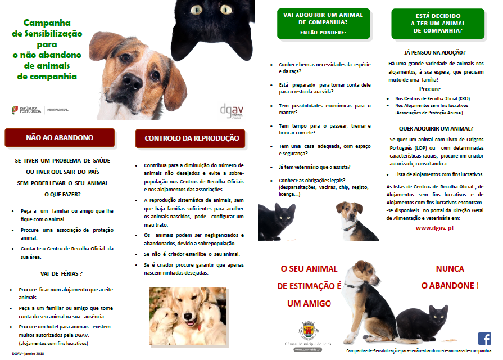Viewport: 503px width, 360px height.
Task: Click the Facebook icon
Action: [484, 339]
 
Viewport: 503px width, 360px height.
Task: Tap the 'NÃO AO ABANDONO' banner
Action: [60, 138]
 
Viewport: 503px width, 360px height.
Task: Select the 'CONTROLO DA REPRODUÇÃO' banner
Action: [191, 138]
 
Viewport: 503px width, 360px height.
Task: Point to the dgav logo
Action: [232, 110]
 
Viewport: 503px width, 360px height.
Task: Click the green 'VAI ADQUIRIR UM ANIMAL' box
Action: [322, 22]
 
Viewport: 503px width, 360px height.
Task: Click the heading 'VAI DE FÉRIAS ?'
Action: [62, 273]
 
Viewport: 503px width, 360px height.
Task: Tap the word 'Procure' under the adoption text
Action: [430, 89]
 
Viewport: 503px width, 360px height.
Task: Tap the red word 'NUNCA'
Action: [453, 269]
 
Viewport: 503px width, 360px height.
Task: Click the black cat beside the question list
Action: [277, 220]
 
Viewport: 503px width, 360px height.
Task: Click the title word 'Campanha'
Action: [47, 23]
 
